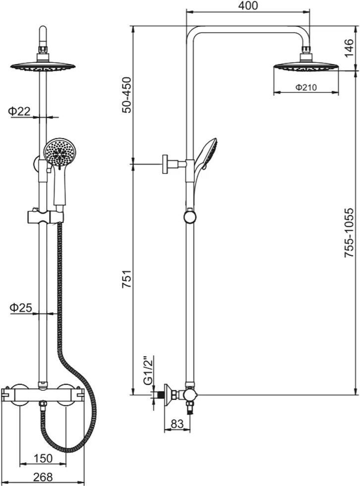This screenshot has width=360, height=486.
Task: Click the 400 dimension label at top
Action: pos(248,5)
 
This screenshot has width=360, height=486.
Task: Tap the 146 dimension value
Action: pos(349,48)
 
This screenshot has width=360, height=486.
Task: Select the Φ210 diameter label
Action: pos(306,87)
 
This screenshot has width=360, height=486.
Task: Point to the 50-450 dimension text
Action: pos(127,95)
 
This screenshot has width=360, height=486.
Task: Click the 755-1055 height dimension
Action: pos(349,233)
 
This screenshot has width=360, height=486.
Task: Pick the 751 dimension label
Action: pos(127,280)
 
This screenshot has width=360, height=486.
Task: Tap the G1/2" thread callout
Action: pos(149,370)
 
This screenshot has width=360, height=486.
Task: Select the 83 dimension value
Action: pos(177,424)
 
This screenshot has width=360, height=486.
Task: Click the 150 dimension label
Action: pos(43,458)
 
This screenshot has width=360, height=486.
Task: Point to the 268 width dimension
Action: pos(43,477)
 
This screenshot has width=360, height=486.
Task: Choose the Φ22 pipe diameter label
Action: pos(19,111)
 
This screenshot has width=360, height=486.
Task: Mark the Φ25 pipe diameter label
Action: pos(21,307)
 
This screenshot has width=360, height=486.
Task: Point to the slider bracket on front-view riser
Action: pos(46,217)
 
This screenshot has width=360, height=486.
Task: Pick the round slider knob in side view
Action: pos(189,216)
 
